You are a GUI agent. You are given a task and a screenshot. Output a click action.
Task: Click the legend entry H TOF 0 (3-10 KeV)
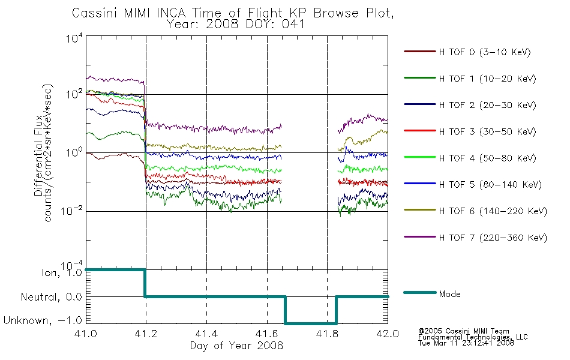click(467, 52)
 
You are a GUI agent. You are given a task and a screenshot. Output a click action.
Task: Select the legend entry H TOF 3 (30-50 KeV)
click(470, 131)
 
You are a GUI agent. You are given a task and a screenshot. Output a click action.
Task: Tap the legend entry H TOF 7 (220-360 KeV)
click(475, 238)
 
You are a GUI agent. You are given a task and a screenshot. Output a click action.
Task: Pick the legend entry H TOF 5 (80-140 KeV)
click(473, 184)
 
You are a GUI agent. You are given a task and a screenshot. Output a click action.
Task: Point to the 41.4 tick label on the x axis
click(206, 334)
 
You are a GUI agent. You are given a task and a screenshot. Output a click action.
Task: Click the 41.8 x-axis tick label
click(327, 334)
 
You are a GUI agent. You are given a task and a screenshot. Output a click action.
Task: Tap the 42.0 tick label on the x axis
click(388, 334)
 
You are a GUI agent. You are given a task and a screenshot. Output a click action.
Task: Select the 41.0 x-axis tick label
click(85, 334)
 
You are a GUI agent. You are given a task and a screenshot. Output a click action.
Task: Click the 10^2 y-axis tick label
click(74, 94)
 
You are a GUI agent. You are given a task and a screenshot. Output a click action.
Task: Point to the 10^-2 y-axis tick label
click(72, 211)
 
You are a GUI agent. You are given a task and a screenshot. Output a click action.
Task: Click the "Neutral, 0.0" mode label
click(51, 297)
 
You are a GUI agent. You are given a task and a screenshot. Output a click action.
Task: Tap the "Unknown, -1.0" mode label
click(43, 320)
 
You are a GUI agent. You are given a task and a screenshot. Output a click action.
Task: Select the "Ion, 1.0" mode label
click(62, 273)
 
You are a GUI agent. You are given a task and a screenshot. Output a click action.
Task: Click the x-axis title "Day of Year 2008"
click(236, 346)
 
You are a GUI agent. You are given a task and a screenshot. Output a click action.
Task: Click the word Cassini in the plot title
click(95, 13)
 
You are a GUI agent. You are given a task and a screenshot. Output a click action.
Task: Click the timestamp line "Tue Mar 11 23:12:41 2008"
click(466, 343)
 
